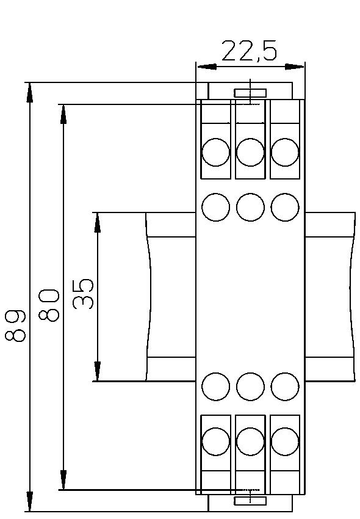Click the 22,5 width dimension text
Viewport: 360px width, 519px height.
[x=249, y=51]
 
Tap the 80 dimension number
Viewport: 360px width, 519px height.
[x=49, y=305]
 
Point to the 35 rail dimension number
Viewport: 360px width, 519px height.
[x=84, y=294]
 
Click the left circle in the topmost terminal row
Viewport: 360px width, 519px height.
[x=215, y=152]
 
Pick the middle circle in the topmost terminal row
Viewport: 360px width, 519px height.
[x=250, y=152]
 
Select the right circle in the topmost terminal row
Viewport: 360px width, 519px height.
[x=285, y=152]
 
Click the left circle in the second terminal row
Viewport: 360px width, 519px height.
[x=215, y=207]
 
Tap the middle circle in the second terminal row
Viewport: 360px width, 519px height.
[x=250, y=207]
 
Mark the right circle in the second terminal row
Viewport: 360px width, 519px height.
[x=285, y=207]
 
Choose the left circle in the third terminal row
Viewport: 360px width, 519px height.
[x=215, y=386]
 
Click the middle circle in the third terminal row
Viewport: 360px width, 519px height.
[x=250, y=386]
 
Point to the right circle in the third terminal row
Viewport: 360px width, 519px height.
[x=285, y=386]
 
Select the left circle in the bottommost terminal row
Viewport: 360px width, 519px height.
[x=215, y=441]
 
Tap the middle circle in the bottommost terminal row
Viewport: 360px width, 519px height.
[x=250, y=441]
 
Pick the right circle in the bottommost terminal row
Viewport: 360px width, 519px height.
[x=285, y=441]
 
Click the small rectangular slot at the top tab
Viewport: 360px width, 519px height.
[x=250, y=93]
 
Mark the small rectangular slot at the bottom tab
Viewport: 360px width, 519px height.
[x=250, y=501]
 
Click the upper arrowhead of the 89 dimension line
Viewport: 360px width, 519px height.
[x=29, y=92]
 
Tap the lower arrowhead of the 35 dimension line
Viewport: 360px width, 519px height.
[x=97, y=371]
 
